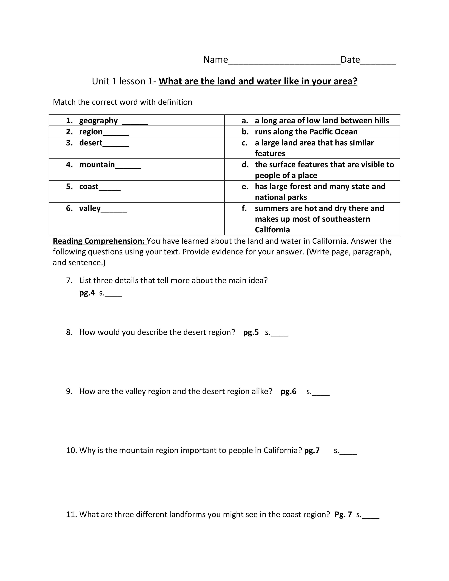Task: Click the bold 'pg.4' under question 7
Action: [87, 293]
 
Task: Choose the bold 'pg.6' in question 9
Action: [288, 391]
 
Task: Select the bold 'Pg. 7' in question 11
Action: [343, 514]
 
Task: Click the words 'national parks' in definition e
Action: [281, 197]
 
